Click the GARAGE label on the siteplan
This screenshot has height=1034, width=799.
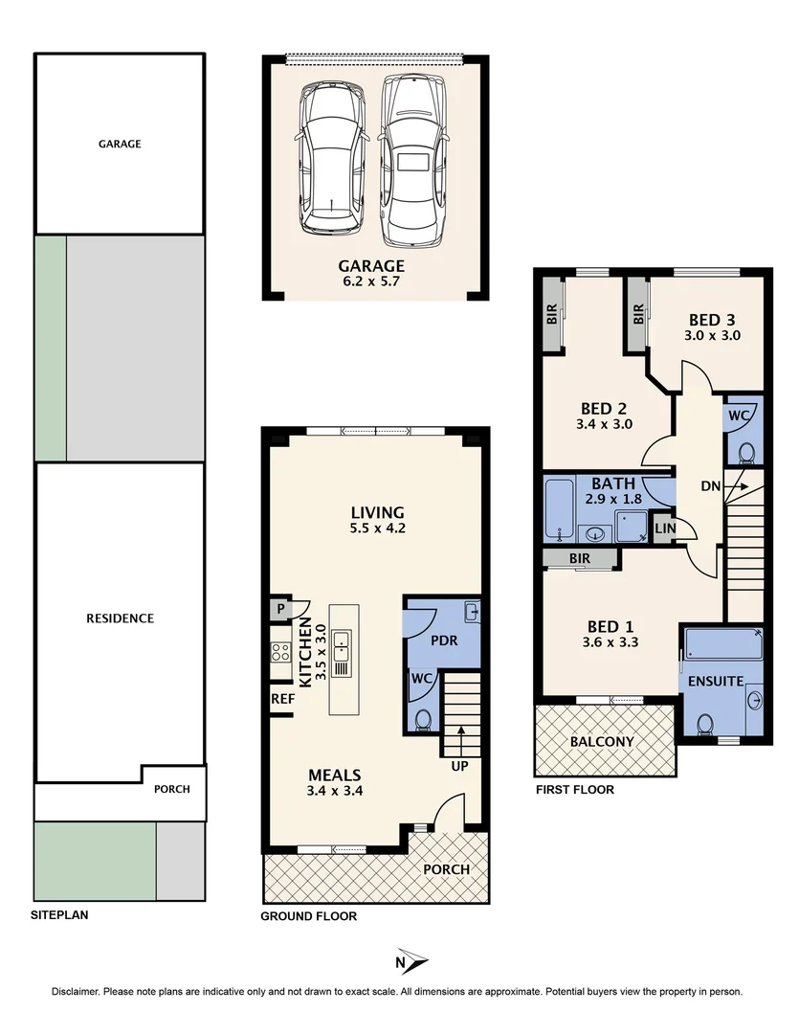(120, 145)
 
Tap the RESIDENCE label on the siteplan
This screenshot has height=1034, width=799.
(120, 618)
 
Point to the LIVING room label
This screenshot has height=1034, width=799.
(376, 512)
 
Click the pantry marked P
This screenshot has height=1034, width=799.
(281, 608)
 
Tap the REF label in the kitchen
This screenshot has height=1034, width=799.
(282, 699)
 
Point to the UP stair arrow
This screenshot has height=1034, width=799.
(461, 741)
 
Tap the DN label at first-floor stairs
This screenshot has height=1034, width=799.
(710, 486)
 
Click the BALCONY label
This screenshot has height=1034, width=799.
(602, 742)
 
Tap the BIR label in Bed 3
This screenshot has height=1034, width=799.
(637, 314)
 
